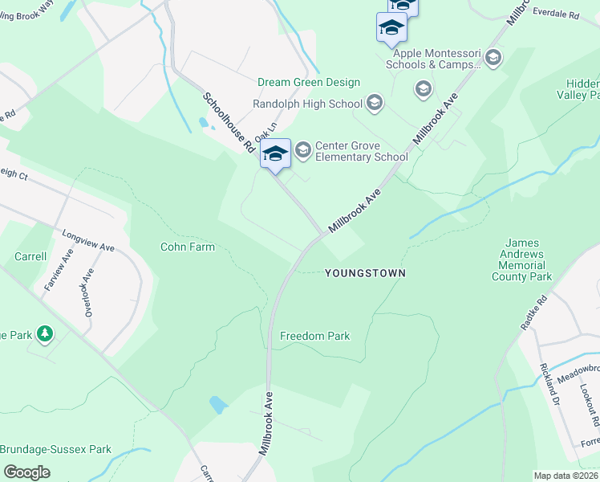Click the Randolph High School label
coord(307,104)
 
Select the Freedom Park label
coord(314,336)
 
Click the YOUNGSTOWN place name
coord(365,273)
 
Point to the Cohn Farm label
coord(188,247)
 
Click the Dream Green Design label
coord(309,83)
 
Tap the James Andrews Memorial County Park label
coord(525,259)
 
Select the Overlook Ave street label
coord(89,291)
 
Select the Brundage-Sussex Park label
coord(55,450)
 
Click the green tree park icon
coord(46,333)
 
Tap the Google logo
coord(26,472)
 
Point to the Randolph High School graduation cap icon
coord(374,103)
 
